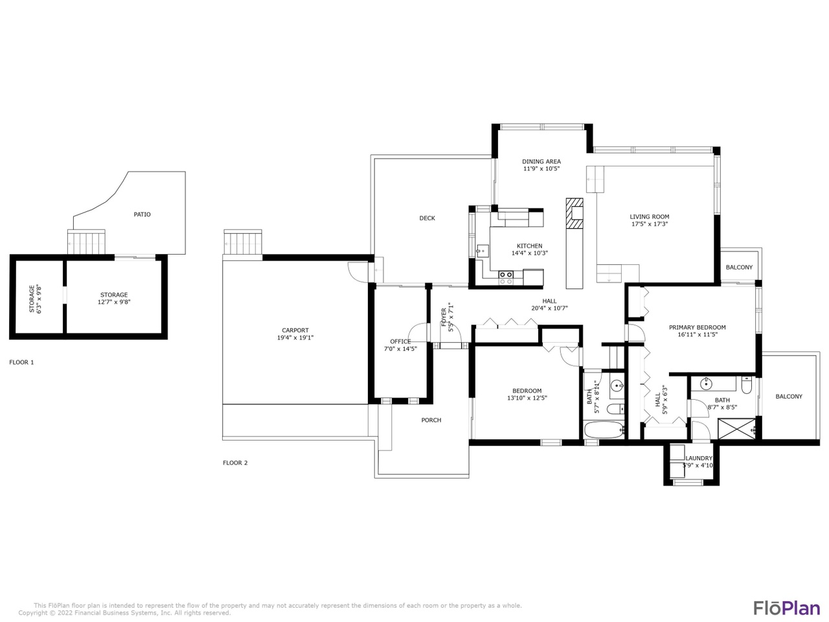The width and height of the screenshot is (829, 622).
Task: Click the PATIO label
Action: pyautogui.click(x=142, y=214)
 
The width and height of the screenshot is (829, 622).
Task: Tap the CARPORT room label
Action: pyautogui.click(x=295, y=330)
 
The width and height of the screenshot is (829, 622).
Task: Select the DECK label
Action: pyautogui.click(x=427, y=218)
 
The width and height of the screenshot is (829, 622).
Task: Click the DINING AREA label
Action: pyautogui.click(x=541, y=161)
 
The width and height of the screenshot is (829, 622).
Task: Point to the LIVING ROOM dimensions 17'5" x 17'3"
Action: pyautogui.click(x=649, y=224)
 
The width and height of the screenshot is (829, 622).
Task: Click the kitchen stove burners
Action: pyautogui.click(x=505, y=277)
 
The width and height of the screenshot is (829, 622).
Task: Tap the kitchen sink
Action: pyautogui.click(x=483, y=251)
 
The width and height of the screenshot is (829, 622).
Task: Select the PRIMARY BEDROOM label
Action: pyautogui.click(x=697, y=327)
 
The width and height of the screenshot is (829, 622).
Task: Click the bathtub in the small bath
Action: pyautogui.click(x=603, y=430)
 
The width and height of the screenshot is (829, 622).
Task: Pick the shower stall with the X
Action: pyautogui.click(x=736, y=429)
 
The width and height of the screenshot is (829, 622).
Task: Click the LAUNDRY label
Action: pyautogui.click(x=698, y=458)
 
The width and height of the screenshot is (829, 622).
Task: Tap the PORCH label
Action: pyautogui.click(x=431, y=420)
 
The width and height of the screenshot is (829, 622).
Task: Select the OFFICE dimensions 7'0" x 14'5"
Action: pyautogui.click(x=400, y=349)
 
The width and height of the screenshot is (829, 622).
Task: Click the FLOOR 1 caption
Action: pyautogui.click(x=21, y=363)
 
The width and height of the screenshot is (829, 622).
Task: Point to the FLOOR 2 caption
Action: pyautogui.click(x=235, y=463)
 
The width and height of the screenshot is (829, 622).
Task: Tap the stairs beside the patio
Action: pyautogui.click(x=87, y=242)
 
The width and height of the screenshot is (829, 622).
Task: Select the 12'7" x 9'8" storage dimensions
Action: pyautogui.click(x=114, y=302)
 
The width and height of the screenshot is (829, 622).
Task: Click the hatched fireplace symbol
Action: pyautogui.click(x=574, y=213)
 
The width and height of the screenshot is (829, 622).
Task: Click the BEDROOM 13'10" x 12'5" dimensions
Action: pyautogui.click(x=527, y=398)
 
